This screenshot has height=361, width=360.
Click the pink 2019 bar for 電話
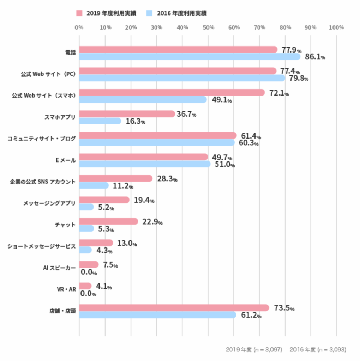tap(178, 49)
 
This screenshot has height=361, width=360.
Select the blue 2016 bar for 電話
tap(190, 57)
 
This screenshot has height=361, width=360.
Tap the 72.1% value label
tap(279, 93)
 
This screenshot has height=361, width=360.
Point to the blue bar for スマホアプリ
tap(100, 121)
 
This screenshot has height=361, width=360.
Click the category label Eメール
tap(66, 160)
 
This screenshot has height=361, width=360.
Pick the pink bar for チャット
tap(109, 221)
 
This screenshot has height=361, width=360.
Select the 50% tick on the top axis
tap(208, 27)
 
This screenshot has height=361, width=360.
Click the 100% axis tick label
tap(336, 27)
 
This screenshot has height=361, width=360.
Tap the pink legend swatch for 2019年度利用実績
tap(79, 13)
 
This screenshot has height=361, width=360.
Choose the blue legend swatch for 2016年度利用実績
tap(149, 13)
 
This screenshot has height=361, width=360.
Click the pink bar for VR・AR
tap(85, 286)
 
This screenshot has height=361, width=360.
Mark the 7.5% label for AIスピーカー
tap(110, 265)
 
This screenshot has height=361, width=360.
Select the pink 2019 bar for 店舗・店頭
tap(174, 307)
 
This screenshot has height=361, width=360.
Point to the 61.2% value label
tap(251, 315)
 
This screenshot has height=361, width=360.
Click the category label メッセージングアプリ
tap(49, 203)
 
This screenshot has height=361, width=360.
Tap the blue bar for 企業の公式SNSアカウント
tap(94, 185)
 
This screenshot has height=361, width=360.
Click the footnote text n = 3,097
tap(268, 350)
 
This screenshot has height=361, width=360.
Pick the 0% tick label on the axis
tap(79, 27)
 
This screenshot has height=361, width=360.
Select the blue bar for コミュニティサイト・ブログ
tap(157, 142)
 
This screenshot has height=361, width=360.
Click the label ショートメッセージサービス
tap(42, 246)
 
